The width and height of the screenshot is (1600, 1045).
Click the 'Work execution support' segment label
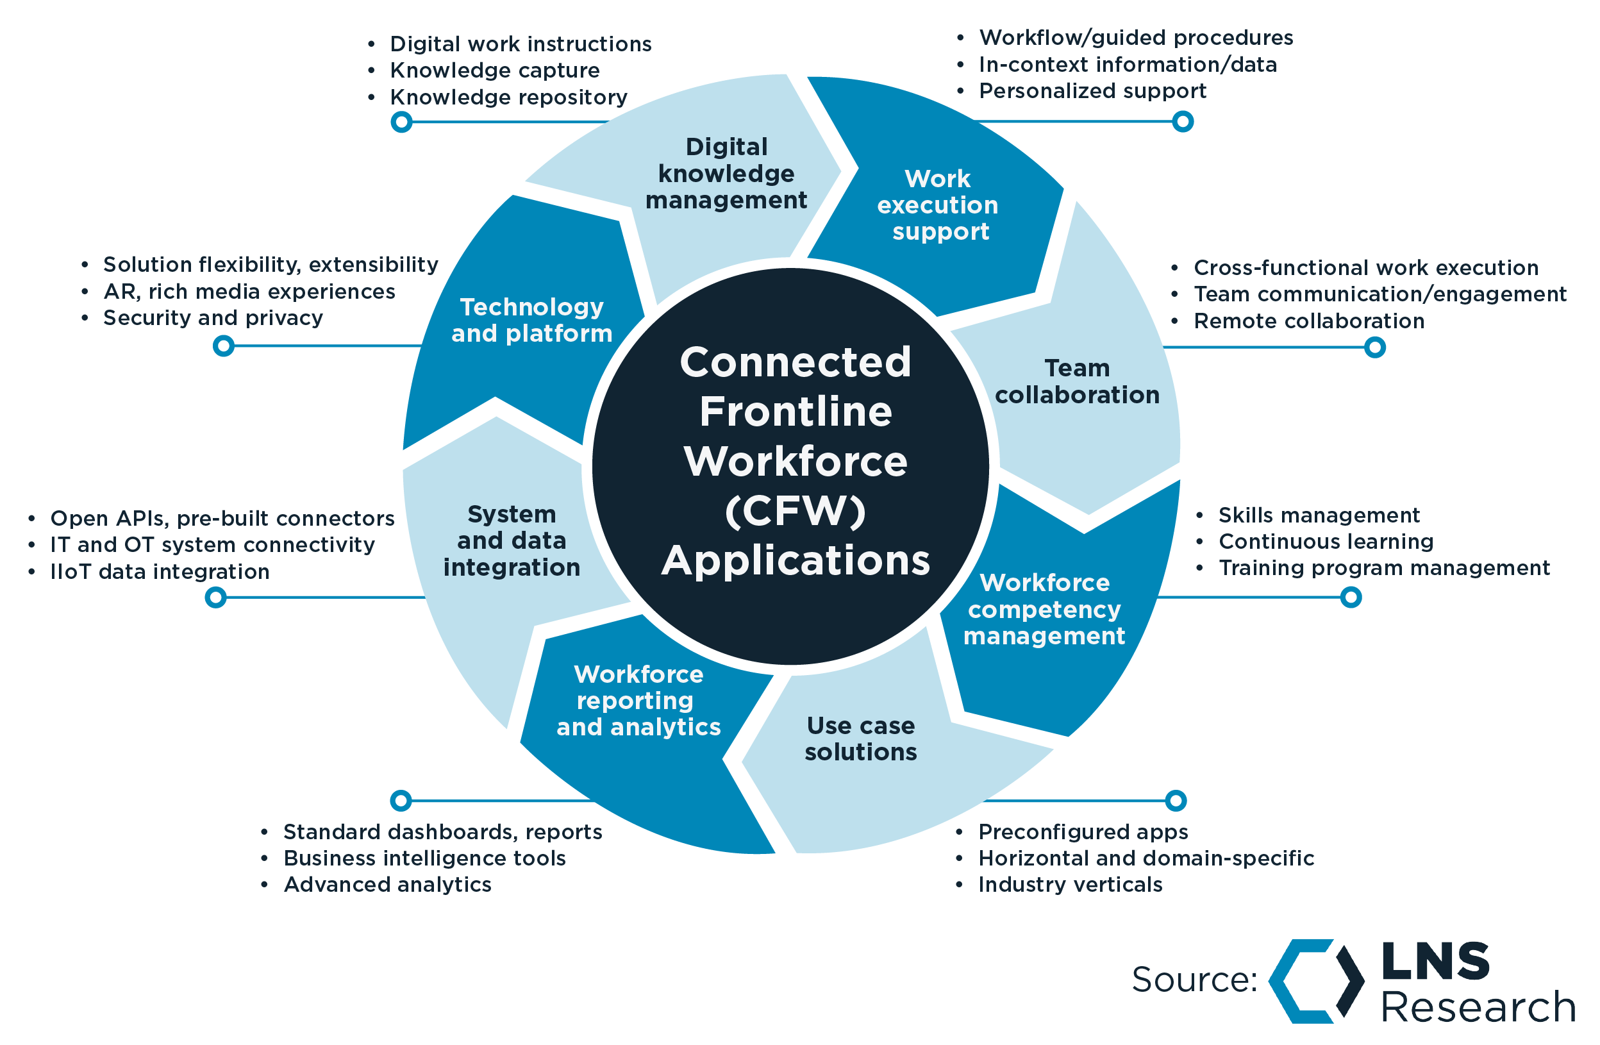(938, 205)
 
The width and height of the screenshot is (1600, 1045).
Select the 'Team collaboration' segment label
(1077, 381)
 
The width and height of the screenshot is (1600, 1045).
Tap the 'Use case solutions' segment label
(860, 739)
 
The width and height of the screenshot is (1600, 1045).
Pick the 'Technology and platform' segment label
(531, 320)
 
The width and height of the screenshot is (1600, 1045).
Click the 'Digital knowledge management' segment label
(726, 174)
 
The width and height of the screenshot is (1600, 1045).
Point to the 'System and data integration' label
(512, 540)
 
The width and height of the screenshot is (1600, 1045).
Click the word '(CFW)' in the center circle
(796, 511)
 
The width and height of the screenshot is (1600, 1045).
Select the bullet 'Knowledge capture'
(495, 70)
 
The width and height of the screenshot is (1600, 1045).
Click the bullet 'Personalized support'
(1092, 91)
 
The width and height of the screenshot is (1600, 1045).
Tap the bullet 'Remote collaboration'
(1308, 321)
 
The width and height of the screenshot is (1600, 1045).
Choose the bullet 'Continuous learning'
(1326, 541)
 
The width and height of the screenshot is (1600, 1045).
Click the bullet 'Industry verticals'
(1071, 884)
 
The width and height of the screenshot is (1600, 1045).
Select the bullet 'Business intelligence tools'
(424, 858)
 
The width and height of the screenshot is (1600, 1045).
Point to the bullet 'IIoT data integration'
(160, 572)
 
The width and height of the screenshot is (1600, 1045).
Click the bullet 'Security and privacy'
(213, 317)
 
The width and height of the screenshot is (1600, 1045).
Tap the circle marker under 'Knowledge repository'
(401, 122)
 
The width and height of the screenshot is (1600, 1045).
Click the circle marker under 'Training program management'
(1351, 597)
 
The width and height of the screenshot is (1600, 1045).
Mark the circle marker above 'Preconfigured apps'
(1175, 800)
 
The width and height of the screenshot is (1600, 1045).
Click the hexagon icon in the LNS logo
(1315, 981)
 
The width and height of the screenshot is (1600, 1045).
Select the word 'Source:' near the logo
(1194, 979)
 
